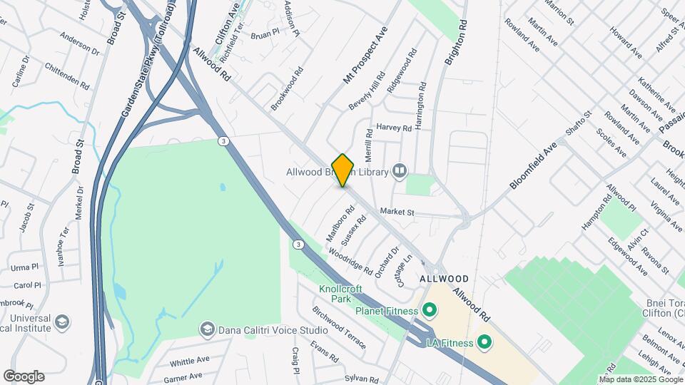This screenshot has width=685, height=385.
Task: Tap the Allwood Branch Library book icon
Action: pos(400,171)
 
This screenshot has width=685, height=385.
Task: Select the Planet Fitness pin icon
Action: pos(429,310)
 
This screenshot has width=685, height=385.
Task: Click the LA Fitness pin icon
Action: pos(484,343)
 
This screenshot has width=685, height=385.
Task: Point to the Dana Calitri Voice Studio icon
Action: pos(207,329)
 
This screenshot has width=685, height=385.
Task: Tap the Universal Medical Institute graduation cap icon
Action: pos(62,323)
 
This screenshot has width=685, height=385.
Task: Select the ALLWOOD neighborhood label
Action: pos(444,278)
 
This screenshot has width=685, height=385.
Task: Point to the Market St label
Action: pos(397,212)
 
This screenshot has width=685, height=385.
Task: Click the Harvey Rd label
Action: pos(395,128)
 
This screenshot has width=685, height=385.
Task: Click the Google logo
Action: pos(24,376)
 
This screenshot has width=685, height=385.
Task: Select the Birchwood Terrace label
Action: pos(338,325)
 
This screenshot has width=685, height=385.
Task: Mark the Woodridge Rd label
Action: pos(350,261)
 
